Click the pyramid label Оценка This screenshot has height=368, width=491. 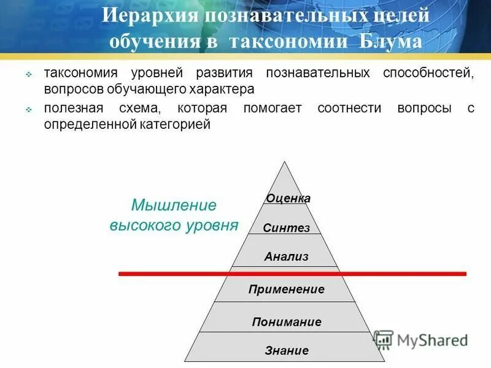[x=288, y=198]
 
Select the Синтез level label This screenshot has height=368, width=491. [x=286, y=228]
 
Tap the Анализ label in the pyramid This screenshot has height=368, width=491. [x=286, y=256]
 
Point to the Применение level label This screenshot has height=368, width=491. [x=286, y=289]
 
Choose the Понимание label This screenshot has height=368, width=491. [x=286, y=321]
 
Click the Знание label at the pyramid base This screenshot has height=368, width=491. [x=286, y=351]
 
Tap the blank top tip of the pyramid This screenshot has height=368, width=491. [x=284, y=175]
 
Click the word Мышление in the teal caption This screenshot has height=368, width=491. [x=174, y=204]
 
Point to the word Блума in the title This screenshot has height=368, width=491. [x=392, y=41]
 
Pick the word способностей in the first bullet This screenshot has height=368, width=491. [x=430, y=73]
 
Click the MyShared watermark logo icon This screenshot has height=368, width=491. [x=383, y=340]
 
